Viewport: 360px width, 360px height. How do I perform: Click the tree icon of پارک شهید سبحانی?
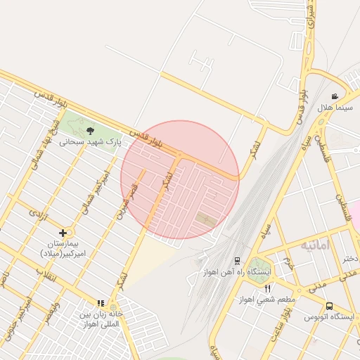point(89,130)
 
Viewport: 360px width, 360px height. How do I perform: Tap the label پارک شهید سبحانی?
point(89,141)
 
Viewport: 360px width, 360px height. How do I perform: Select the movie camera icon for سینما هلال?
point(335,96)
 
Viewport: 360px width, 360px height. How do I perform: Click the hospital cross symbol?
point(63,232)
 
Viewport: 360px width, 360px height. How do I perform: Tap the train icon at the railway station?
point(237,261)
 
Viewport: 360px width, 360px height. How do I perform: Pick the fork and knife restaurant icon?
point(267,289)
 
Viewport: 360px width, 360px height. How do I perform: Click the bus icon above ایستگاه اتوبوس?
point(329,306)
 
